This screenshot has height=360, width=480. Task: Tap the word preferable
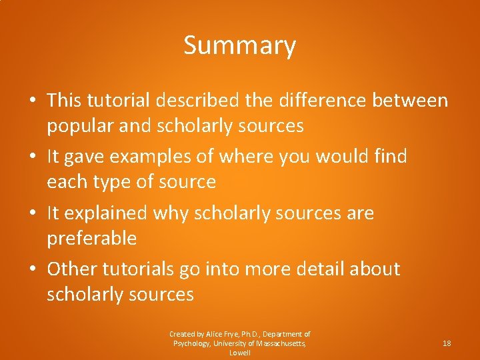(91, 239)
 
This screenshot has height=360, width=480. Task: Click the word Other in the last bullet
(71, 269)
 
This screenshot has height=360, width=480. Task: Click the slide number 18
(447, 343)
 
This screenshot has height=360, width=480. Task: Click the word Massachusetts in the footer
(279, 343)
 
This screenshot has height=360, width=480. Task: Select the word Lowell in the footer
(239, 353)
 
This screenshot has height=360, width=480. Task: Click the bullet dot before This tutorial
(32, 101)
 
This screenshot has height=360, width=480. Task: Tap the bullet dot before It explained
(32, 214)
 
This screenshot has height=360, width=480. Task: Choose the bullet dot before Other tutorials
(32, 270)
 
